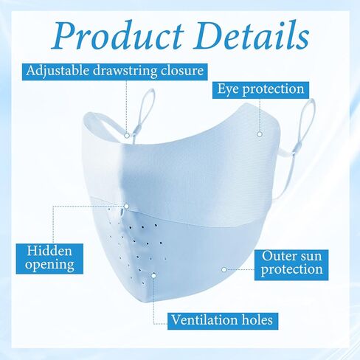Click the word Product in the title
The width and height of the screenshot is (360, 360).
pos(118,35)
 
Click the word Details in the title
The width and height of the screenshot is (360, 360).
pos(252,35)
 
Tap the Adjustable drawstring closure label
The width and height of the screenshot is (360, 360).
pos(114,72)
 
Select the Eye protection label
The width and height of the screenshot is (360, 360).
pos(260,90)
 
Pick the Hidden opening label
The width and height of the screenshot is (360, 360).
pos(49,259)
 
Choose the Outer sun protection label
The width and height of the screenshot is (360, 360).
pos(291,265)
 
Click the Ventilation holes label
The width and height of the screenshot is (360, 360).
pos(223,321)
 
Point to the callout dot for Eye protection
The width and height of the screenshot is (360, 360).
pos(260,134)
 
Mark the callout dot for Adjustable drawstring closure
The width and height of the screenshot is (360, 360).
pos(127,135)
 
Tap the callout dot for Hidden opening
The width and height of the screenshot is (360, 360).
pos(126,207)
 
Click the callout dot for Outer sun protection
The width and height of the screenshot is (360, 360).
pos(224,270)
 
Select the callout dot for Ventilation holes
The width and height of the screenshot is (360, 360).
pos(153,276)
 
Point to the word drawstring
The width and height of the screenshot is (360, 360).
pos(125,72)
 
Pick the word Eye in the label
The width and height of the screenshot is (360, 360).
pos(228,89)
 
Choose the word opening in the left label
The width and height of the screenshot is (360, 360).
pos(49,265)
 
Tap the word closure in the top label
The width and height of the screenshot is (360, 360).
pos(182,71)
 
